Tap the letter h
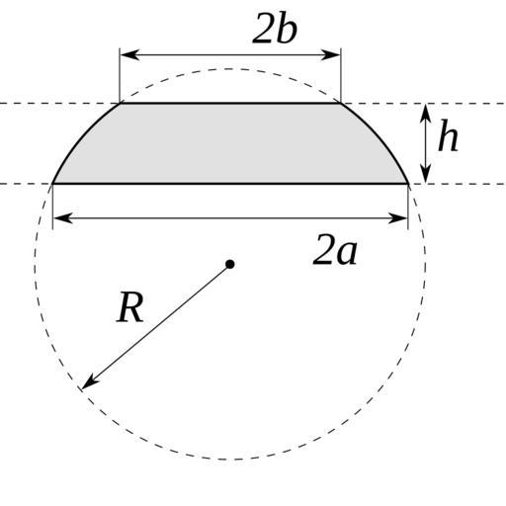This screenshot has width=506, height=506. pyautogui.click(x=448, y=135)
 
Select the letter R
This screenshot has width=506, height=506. pyautogui.click(x=130, y=307)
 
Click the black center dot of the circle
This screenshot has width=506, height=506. pyautogui.click(x=230, y=264)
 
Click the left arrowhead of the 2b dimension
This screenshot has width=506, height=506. pyautogui.click(x=129, y=55)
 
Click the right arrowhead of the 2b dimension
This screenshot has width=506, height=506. pyautogui.click(x=331, y=55)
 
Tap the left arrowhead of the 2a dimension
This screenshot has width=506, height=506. pyautogui.click(x=63, y=218)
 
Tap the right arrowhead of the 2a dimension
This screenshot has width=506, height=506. pyautogui.click(x=398, y=218)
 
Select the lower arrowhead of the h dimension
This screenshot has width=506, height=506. pyautogui.click(x=426, y=174)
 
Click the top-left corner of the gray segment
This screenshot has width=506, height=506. pyautogui.click(x=121, y=104)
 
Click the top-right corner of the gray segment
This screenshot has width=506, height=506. pyautogui.click(x=341, y=104)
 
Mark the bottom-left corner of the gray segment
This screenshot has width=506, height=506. pyautogui.click(x=53, y=183)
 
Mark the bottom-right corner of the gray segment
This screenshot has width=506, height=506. pyautogui.click(x=408, y=183)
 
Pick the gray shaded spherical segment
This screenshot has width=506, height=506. pyautogui.click(x=230, y=143)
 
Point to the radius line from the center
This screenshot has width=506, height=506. pyautogui.click(x=155, y=327)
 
